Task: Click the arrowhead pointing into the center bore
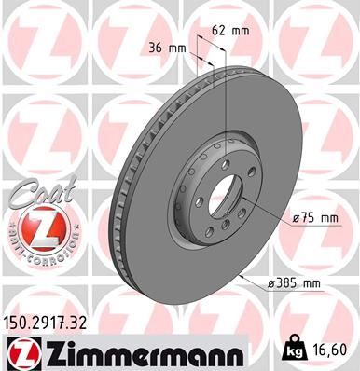pos(244,201)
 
